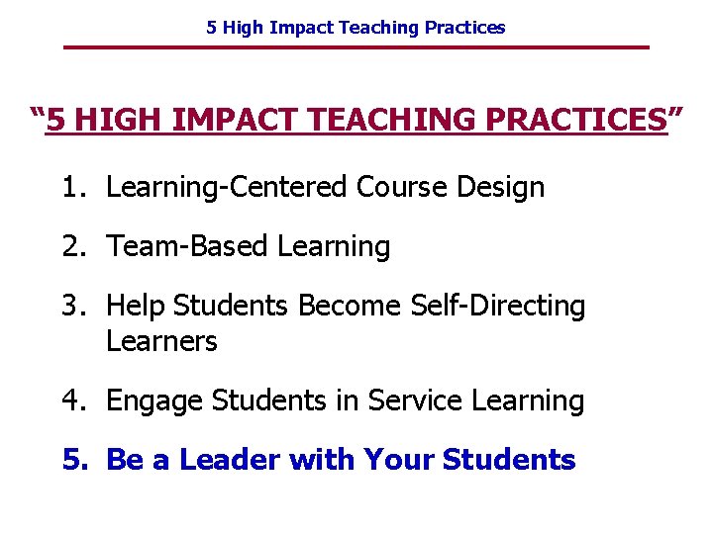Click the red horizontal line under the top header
[356, 47]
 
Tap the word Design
[502, 187]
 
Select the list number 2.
[71, 246]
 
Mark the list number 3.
[71, 306]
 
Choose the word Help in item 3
[136, 306]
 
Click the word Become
[346, 306]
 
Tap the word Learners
[161, 341]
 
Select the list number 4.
[71, 400]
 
